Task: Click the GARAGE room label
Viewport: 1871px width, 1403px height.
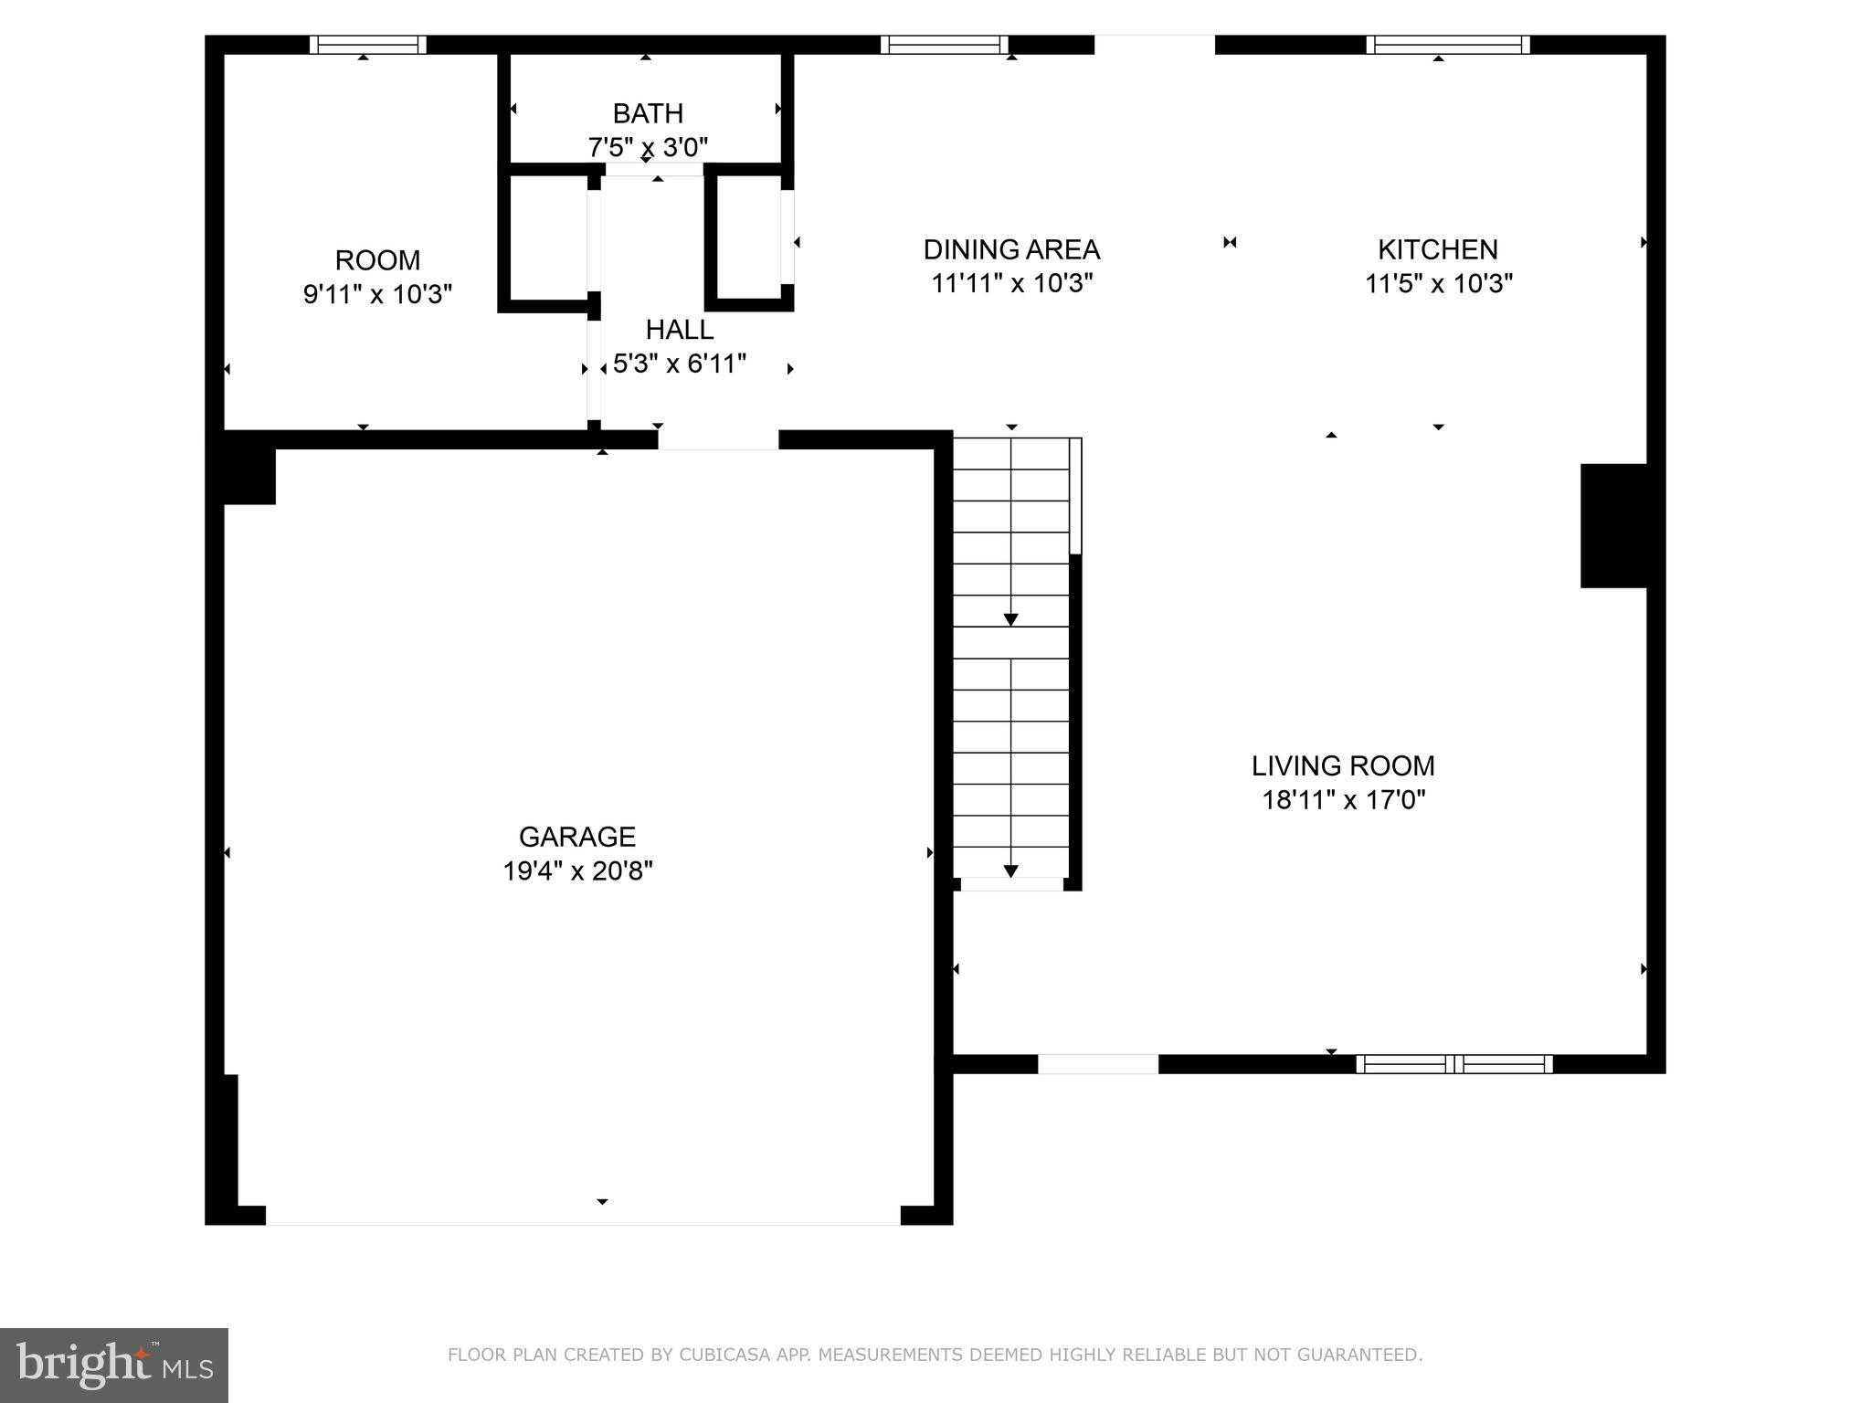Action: [x=576, y=836]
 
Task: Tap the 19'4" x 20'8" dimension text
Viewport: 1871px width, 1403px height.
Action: [x=577, y=870]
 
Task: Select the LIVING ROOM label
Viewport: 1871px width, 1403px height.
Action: [x=1342, y=765]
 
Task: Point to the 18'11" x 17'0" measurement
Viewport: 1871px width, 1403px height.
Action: [x=1343, y=800]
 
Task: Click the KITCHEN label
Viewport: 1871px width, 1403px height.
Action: [x=1437, y=249]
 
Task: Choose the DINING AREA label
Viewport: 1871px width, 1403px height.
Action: [x=1011, y=249]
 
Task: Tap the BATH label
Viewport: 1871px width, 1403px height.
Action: [x=648, y=113]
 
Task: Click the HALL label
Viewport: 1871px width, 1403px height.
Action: [x=679, y=329]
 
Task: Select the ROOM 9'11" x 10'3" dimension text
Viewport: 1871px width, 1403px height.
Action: [x=377, y=294]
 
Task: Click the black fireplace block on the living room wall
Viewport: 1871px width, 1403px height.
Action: [x=1613, y=525]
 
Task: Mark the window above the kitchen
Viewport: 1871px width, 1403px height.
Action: [x=1447, y=45]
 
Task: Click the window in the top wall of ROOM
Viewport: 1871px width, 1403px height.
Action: [x=367, y=45]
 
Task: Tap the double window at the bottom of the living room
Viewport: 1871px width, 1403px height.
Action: [x=1453, y=1063]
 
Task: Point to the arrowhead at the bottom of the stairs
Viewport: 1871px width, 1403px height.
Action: [x=1010, y=870]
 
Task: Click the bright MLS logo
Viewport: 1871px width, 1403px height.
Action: [x=114, y=1365]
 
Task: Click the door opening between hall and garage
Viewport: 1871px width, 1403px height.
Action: [x=718, y=439]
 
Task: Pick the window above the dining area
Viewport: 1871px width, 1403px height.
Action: [x=944, y=45]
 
